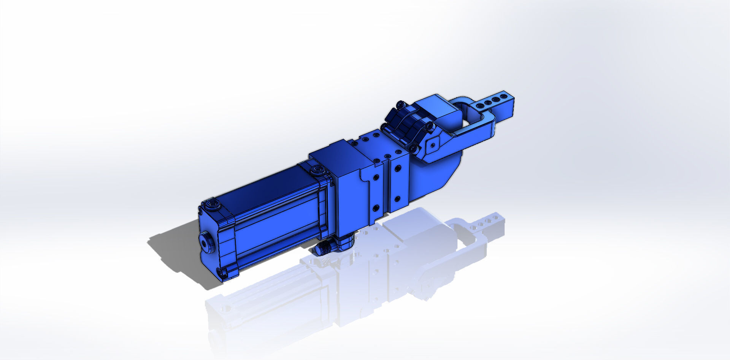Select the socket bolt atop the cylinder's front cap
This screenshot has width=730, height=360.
316,170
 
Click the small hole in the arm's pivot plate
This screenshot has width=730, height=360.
432,144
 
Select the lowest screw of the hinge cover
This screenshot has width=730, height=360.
413,149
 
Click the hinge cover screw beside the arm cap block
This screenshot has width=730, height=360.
429,125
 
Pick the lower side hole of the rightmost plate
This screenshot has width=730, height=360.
397,198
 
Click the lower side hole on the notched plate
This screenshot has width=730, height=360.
376,208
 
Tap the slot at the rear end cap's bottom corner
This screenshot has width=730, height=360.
222,271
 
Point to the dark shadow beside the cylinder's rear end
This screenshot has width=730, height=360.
175,251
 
